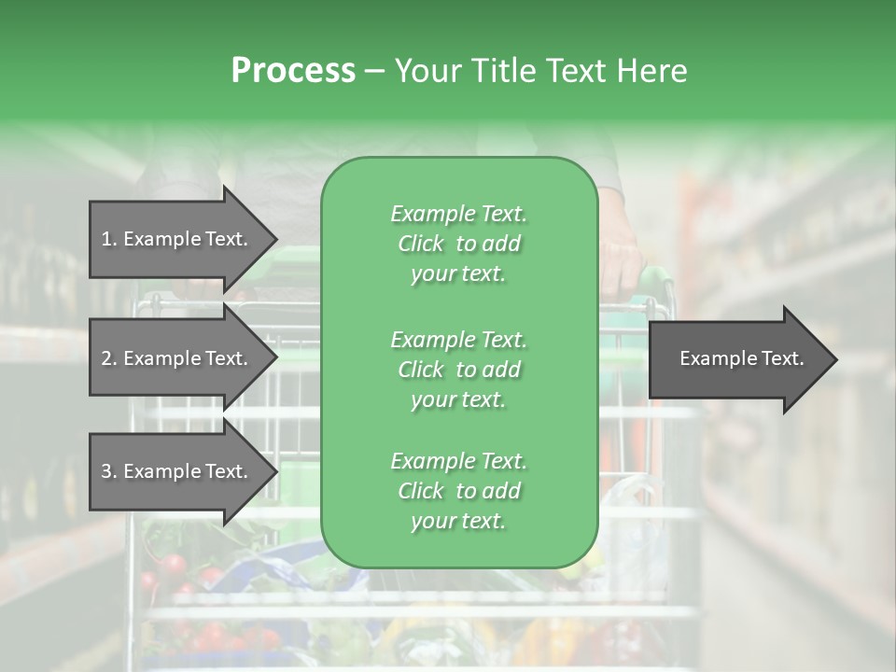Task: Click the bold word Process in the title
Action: click(x=293, y=71)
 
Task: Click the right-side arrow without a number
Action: click(x=741, y=358)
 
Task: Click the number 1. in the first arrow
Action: click(x=109, y=239)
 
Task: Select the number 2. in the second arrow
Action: click(x=109, y=358)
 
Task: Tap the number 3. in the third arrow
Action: click(x=109, y=471)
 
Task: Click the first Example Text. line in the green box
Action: click(x=458, y=214)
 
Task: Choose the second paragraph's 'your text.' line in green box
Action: click(x=458, y=399)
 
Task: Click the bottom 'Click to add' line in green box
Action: click(x=458, y=491)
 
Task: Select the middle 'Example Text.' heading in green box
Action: click(x=458, y=339)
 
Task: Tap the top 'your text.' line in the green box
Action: click(x=458, y=274)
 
